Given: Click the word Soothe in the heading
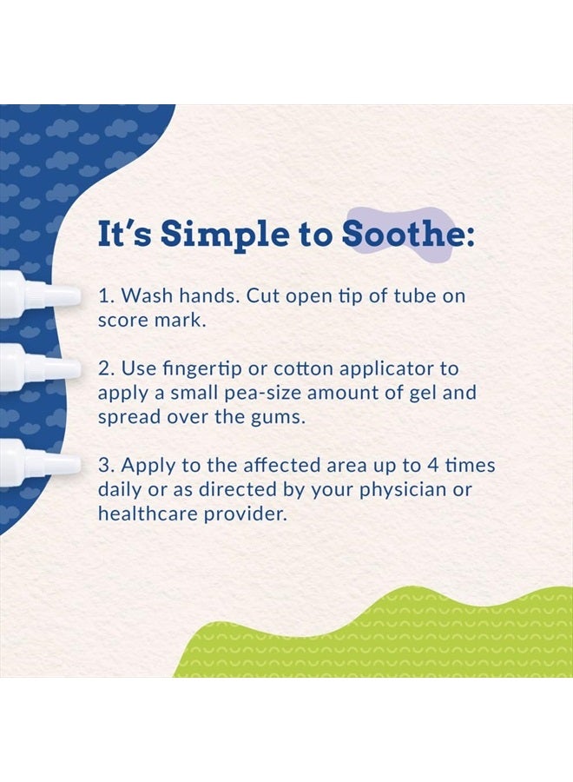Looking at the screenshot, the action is click(403, 234).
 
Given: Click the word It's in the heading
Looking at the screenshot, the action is click(124, 234).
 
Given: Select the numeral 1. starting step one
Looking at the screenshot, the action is click(107, 295).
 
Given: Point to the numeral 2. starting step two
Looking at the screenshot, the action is click(107, 369).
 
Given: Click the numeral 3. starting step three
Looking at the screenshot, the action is click(107, 466).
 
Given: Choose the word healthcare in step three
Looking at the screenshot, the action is click(148, 514).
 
